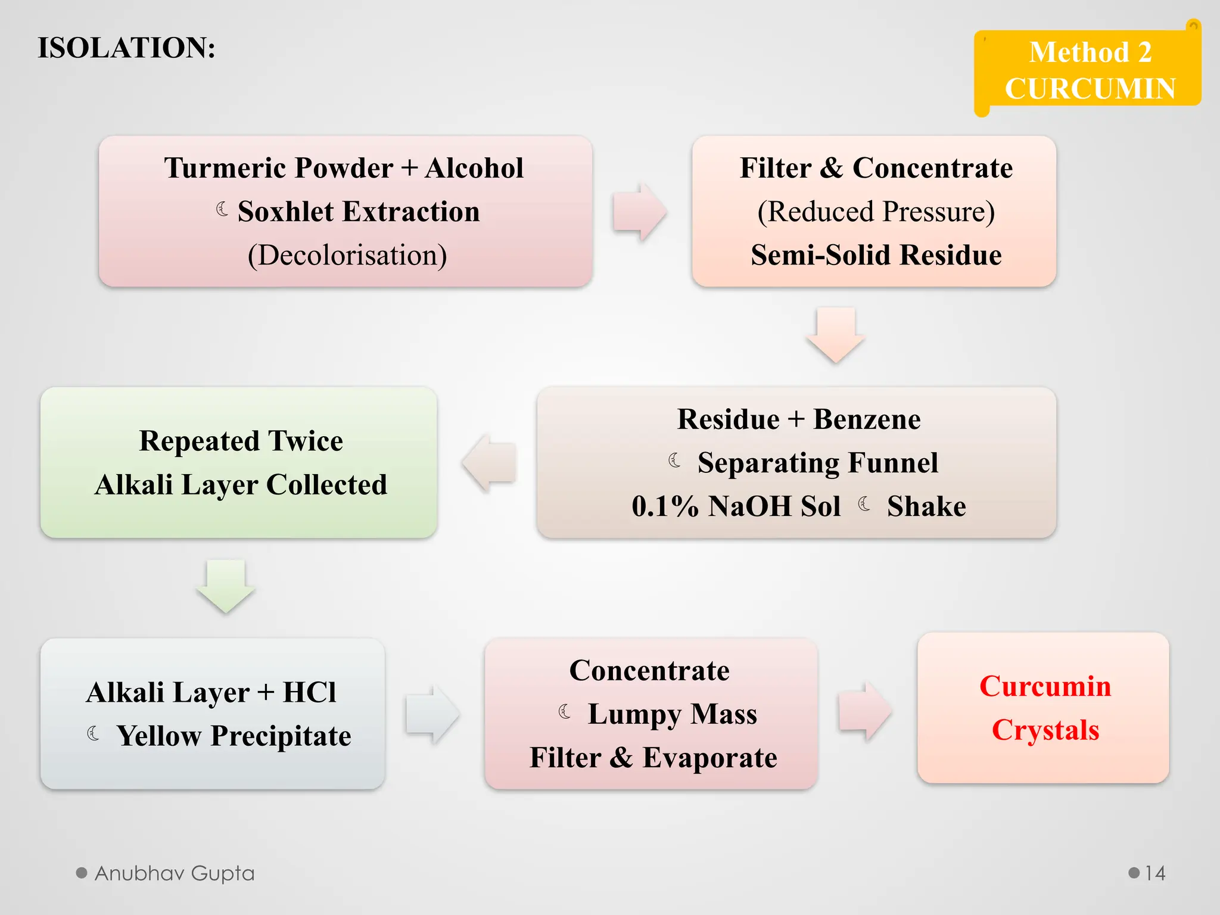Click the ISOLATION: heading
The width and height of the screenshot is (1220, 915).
point(126,48)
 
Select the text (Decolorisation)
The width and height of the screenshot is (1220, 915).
point(347,255)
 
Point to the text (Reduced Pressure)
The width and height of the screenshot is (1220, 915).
point(876,211)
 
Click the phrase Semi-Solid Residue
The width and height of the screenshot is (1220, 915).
point(876,255)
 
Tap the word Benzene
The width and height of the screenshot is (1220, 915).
point(867,419)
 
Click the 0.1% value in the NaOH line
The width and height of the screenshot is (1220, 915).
point(665,506)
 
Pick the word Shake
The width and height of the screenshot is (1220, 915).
point(926,506)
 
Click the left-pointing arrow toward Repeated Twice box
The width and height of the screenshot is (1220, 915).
point(490,463)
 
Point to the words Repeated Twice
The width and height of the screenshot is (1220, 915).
point(241,441)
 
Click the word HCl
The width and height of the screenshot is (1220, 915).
point(309,692)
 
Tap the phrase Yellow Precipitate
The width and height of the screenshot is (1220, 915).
point(234,736)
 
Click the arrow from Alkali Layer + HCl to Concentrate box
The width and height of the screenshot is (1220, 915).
point(433,714)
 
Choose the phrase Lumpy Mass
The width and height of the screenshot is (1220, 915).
point(672,714)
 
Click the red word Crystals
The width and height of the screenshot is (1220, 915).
point(1045,730)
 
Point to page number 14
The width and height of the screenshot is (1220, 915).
point(1154,873)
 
